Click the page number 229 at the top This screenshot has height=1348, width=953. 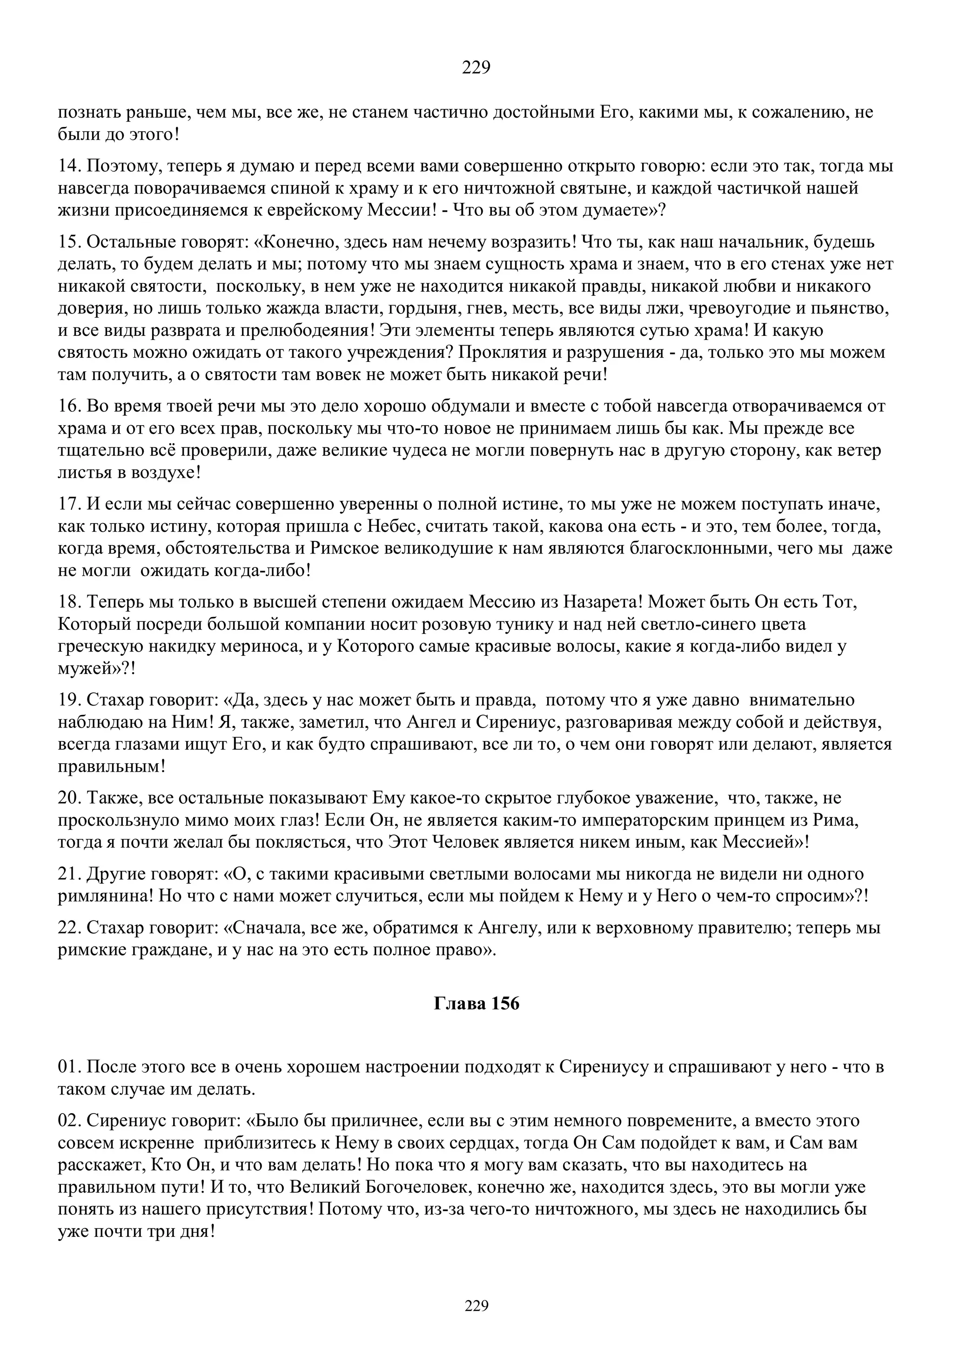click(x=476, y=67)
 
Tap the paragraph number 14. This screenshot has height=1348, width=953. click(x=70, y=166)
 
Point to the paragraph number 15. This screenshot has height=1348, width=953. click(x=70, y=242)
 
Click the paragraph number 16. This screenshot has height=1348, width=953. click(x=70, y=406)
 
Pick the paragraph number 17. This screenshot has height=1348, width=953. click(x=70, y=504)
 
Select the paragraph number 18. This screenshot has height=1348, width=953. click(x=70, y=602)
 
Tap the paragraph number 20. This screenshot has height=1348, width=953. click(x=70, y=798)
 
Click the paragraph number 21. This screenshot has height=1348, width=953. click(x=70, y=874)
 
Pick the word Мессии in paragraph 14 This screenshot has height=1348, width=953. click(x=399, y=210)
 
